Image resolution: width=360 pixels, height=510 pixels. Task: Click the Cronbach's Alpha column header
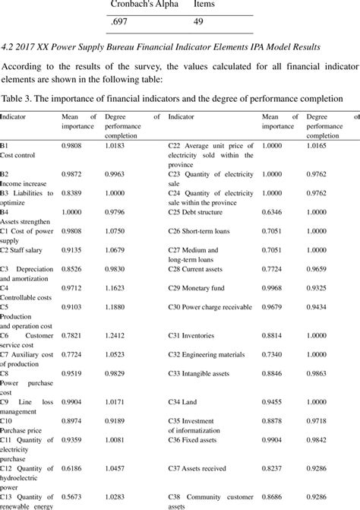point(144,5)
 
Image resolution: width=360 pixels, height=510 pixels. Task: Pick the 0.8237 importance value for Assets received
point(273,470)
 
